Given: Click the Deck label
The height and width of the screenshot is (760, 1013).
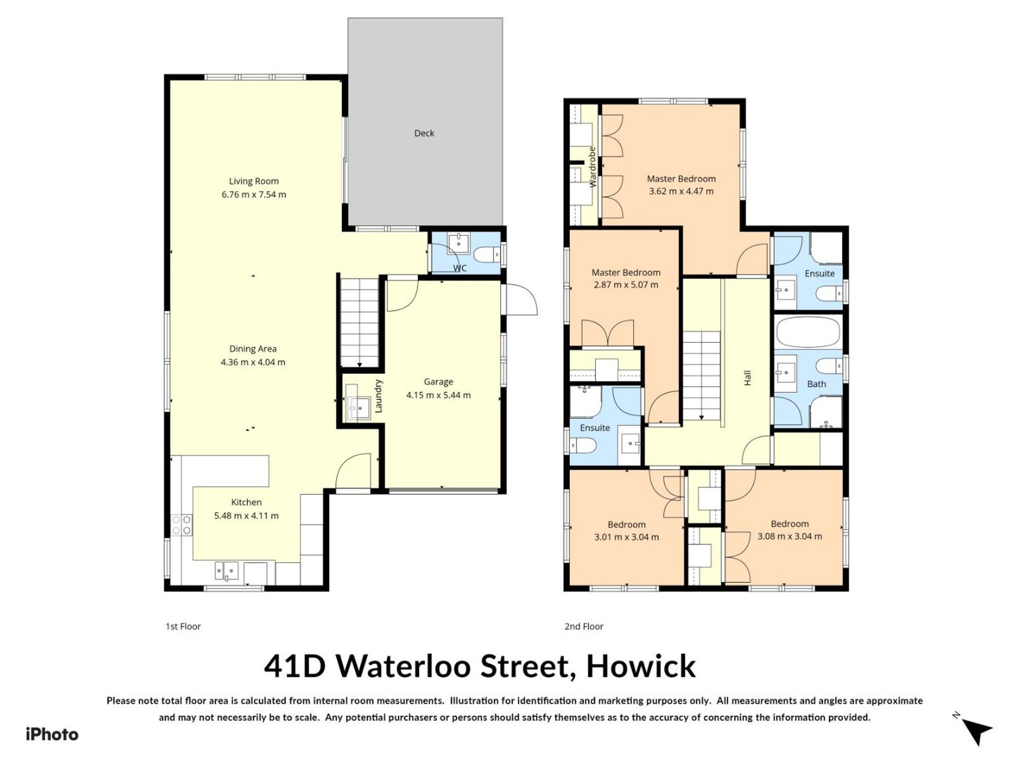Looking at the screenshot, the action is (424, 133).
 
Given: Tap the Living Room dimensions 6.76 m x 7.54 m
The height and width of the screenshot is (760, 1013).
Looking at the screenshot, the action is (254, 195).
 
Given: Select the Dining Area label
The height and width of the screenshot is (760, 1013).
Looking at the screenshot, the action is (253, 349).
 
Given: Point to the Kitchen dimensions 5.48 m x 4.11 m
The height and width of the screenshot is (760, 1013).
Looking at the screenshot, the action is (246, 516).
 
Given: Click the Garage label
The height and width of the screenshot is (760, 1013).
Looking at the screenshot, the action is (438, 382).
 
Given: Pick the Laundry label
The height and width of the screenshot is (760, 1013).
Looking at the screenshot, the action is (379, 396).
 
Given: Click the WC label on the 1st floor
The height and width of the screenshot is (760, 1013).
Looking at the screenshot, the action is (460, 268).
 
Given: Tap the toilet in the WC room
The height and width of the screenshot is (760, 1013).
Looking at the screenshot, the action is (485, 255).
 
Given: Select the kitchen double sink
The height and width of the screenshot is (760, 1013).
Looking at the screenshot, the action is (227, 571).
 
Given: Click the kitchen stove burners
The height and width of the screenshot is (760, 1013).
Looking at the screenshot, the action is (181, 524).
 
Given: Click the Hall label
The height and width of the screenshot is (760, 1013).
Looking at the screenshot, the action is (747, 378).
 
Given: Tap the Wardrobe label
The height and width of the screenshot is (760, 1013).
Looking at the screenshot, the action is (592, 167).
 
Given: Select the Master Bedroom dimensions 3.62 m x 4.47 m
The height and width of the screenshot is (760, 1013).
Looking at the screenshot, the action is (681, 191).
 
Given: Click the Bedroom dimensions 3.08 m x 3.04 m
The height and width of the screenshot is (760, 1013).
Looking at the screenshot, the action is (790, 537).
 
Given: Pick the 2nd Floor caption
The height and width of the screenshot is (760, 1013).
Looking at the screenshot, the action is (584, 626).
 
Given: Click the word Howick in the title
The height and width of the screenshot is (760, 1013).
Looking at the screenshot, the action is (641, 666).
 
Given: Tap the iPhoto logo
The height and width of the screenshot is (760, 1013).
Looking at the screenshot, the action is (52, 734).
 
